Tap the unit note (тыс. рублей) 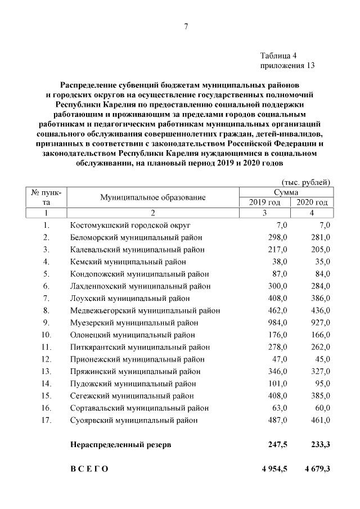click(x=305, y=182)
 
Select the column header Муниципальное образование click(x=153, y=197)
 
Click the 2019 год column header click(x=264, y=202)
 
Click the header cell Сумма click(x=288, y=192)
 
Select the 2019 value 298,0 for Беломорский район click(x=278, y=237)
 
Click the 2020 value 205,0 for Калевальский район click(x=321, y=249)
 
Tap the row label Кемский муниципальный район click(x=128, y=262)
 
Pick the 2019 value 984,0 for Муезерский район click(x=278, y=322)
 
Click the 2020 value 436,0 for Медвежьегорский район click(x=321, y=310)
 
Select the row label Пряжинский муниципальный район click(x=134, y=371)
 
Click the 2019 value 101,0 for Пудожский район click(x=278, y=384)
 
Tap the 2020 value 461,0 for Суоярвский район click(x=321, y=420)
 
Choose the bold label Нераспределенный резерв click(x=120, y=445)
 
